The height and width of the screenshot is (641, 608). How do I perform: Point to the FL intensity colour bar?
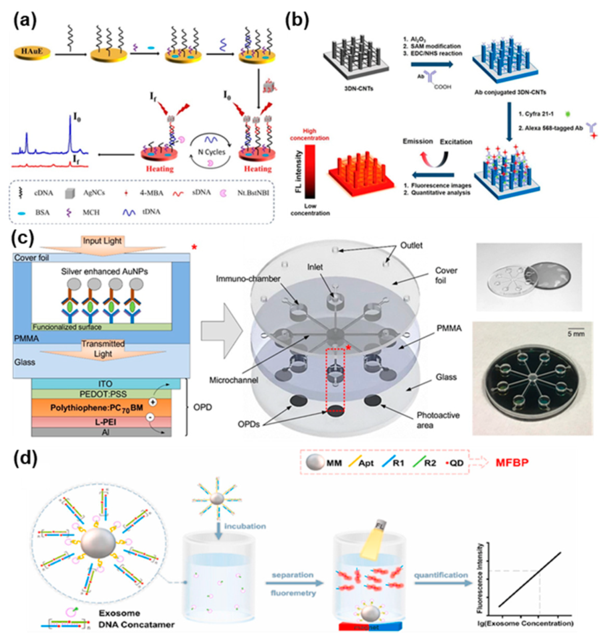(x=310, y=172)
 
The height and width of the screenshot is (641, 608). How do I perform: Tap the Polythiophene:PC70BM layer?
(x=101, y=408)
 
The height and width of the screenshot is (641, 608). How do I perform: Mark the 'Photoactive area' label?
(x=438, y=420)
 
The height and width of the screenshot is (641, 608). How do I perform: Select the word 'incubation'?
(x=245, y=526)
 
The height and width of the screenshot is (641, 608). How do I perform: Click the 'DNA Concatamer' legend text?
(x=136, y=624)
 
